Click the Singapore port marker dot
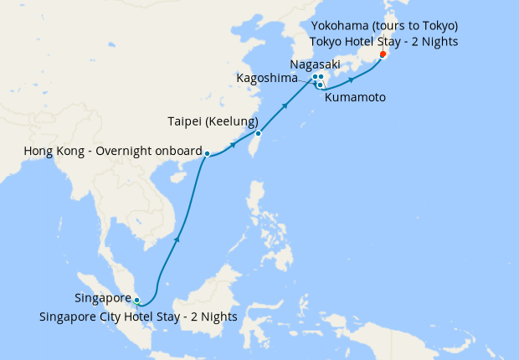(137, 300)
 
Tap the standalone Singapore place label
(103, 298)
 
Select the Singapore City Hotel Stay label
(138, 316)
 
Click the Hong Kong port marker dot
(207, 153)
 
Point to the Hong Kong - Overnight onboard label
(113, 152)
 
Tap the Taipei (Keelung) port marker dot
(259, 134)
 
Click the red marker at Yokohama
(383, 54)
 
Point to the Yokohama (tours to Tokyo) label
(383, 25)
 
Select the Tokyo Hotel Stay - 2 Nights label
(383, 41)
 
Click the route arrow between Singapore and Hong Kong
(177, 240)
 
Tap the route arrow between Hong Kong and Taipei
(232, 145)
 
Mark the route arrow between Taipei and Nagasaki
(286, 105)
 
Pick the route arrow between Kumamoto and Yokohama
(352, 80)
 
